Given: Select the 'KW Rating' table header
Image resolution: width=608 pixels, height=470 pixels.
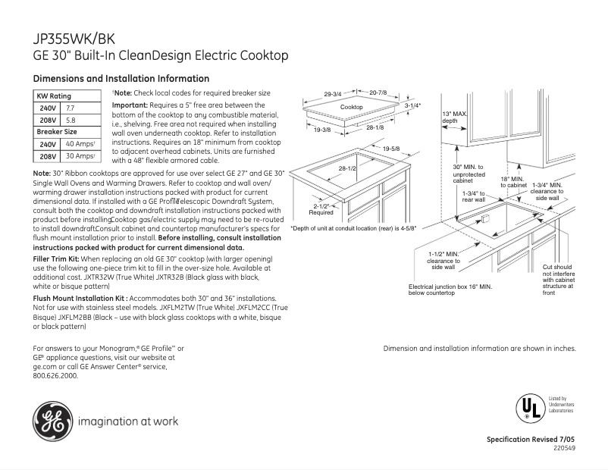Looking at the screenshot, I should [x=55, y=96].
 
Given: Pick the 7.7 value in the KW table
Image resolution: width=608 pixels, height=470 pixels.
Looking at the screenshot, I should [x=72, y=108].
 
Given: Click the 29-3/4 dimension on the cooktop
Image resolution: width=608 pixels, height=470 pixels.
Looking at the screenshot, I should [x=332, y=94].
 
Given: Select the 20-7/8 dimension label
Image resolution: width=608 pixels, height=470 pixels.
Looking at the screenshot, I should [x=378, y=92].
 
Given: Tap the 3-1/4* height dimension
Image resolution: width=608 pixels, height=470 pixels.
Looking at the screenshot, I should [x=412, y=105].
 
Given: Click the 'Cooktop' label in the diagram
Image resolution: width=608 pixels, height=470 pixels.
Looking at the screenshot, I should [x=351, y=108].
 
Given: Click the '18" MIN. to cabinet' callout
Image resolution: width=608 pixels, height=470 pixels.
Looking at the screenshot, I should [x=513, y=182].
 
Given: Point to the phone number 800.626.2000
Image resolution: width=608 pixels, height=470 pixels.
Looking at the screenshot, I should [x=55, y=375].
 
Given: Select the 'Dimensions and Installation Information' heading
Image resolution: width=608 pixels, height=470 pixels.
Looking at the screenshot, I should [x=121, y=79].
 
